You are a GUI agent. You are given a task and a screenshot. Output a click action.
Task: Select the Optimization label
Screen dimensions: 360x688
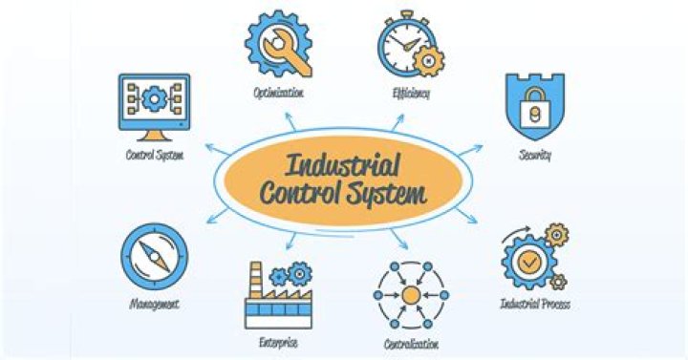click(x=280, y=93)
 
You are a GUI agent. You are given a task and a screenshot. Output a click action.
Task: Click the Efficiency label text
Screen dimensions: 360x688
click(x=411, y=93)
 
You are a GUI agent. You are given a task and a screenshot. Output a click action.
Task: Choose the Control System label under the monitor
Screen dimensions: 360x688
click(x=154, y=153)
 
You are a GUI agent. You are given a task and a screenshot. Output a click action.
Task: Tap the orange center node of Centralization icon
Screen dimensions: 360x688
click(x=410, y=296)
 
